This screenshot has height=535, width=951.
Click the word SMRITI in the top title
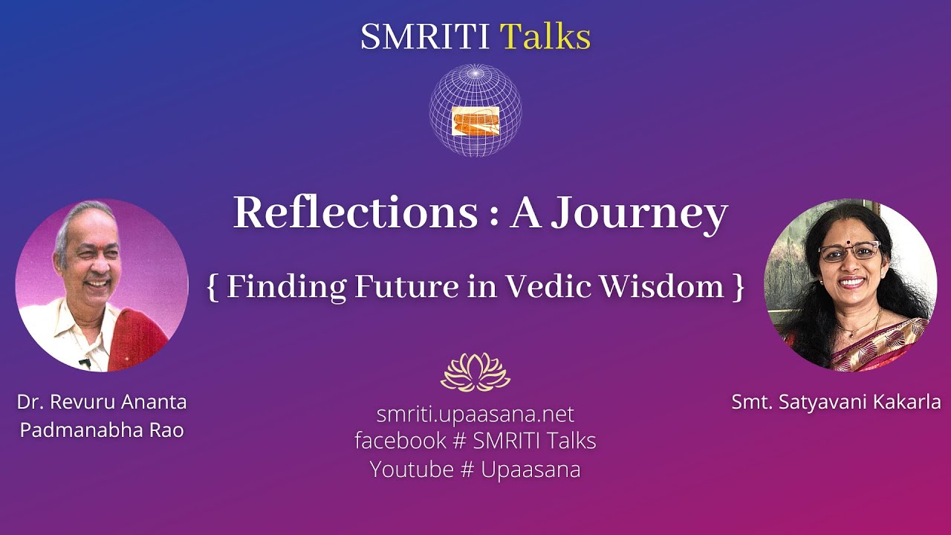point(425,37)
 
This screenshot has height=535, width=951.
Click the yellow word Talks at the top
point(545,37)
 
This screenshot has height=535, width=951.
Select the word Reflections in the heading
point(356,213)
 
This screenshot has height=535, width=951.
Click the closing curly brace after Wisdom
point(738,288)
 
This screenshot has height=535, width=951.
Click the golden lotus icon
point(475,372)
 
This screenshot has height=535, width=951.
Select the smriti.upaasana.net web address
point(475,414)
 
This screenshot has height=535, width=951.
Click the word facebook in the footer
point(400,441)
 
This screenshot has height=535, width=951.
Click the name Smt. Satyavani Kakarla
point(836,402)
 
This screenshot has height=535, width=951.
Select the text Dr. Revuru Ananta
point(102,402)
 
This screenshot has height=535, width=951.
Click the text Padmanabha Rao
point(102,430)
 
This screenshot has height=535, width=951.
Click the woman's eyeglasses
point(848,251)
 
